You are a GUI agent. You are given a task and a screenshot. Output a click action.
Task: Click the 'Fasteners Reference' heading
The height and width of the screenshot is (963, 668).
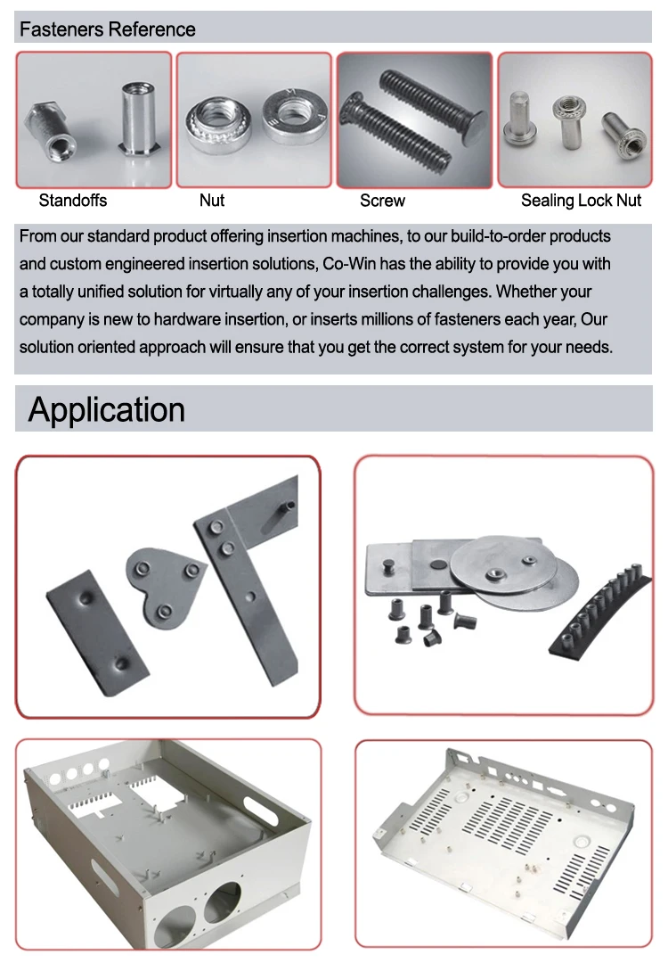click(x=107, y=29)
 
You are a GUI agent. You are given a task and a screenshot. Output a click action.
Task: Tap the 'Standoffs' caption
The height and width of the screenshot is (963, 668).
click(x=73, y=201)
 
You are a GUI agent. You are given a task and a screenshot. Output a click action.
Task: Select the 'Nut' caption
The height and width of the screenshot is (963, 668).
click(x=212, y=201)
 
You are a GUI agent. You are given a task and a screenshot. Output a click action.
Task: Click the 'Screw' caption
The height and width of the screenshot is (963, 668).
click(x=382, y=201)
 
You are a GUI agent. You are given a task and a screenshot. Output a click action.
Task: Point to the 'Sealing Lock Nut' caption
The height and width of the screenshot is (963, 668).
click(x=581, y=201)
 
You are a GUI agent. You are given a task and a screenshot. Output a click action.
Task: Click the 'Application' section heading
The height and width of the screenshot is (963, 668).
click(x=107, y=409)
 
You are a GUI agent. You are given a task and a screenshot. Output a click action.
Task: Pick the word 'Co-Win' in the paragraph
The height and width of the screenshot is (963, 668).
click(x=349, y=264)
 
